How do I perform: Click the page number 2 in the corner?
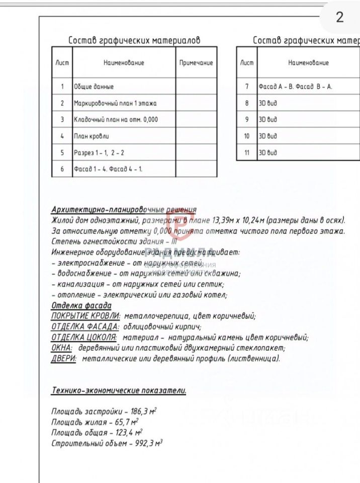click(340, 18)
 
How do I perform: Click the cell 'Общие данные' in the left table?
click(94, 87)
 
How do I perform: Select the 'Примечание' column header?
click(196, 63)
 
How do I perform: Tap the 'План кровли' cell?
click(92, 136)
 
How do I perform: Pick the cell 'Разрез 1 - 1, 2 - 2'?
click(99, 152)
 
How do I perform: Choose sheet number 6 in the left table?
click(62, 169)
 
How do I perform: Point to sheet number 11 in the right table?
click(247, 152)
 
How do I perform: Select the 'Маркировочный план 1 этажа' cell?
click(115, 103)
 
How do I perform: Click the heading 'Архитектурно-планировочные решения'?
click(124, 210)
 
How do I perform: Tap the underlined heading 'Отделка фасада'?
click(81, 306)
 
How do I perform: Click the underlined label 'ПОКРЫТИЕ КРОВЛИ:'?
click(85, 316)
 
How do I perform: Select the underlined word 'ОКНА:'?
click(62, 348)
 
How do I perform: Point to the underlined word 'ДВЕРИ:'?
click(64, 359)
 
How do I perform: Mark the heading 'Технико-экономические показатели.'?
click(119, 390)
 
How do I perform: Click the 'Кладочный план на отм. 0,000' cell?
click(116, 120)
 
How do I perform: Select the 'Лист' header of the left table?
click(62, 63)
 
